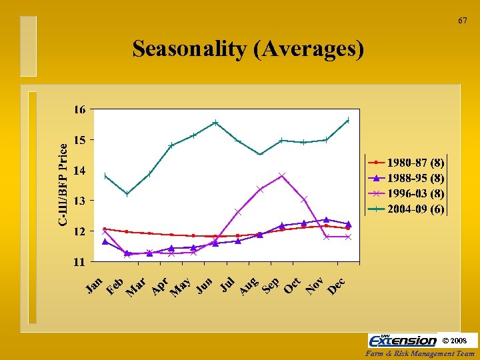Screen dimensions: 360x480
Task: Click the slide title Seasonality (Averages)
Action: (x=248, y=49)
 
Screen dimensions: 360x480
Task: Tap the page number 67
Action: (x=462, y=21)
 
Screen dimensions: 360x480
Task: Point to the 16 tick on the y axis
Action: (x=79, y=110)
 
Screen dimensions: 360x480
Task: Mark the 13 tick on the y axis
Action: (x=79, y=201)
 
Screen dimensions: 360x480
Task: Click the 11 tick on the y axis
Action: (x=79, y=262)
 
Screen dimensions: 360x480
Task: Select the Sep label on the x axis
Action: (x=270, y=285)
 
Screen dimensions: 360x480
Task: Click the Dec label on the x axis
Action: (x=336, y=285)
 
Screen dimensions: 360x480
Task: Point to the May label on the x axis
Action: (x=181, y=287)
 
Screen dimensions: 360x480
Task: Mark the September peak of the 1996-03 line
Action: (x=282, y=175)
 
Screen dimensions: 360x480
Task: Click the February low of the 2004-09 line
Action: (x=127, y=194)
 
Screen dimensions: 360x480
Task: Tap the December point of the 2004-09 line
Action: (x=348, y=121)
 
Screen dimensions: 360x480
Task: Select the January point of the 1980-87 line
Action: (x=105, y=229)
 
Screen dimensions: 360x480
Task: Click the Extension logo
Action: (x=403, y=341)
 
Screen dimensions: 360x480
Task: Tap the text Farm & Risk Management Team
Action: (x=421, y=354)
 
